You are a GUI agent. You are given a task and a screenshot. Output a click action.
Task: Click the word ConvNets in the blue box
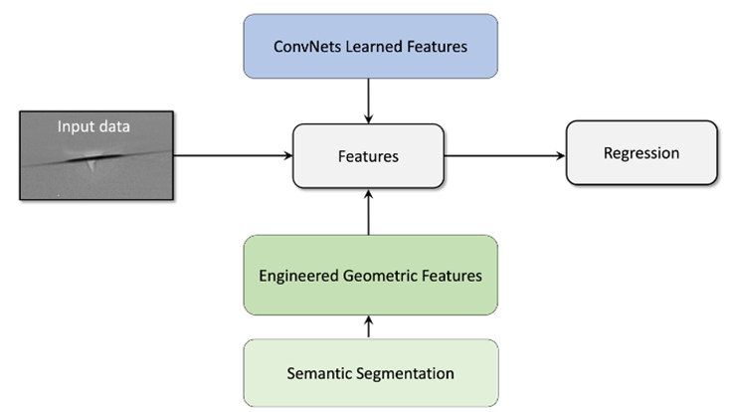coord(307,47)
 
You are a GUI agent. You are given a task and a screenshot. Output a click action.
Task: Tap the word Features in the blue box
coord(438,47)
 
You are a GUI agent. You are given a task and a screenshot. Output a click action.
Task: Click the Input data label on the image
coord(93,126)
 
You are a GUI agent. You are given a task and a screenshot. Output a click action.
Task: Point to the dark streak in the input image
coord(96,157)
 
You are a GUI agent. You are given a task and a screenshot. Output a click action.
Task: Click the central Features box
coord(368,156)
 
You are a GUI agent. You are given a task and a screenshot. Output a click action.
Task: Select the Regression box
coord(641,153)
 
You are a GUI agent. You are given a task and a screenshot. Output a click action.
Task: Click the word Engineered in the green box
coord(299,276)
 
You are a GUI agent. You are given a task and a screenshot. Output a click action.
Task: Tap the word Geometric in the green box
coord(380,276)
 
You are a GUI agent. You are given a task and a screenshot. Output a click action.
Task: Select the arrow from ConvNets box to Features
coord(368,101)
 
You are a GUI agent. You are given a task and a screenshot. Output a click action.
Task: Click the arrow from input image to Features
coord(233,155)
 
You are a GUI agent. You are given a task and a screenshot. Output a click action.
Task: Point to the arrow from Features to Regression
coord(504,155)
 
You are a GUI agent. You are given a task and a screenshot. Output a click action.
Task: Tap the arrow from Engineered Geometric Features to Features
coord(368,212)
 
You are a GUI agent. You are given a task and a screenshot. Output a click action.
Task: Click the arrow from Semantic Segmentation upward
coord(368,327)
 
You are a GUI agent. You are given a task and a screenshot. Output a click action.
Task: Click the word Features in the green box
coord(452,276)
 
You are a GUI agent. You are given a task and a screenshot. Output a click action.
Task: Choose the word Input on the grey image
coord(73,127)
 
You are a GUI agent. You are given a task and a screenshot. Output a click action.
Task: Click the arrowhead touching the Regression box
coord(561,155)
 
